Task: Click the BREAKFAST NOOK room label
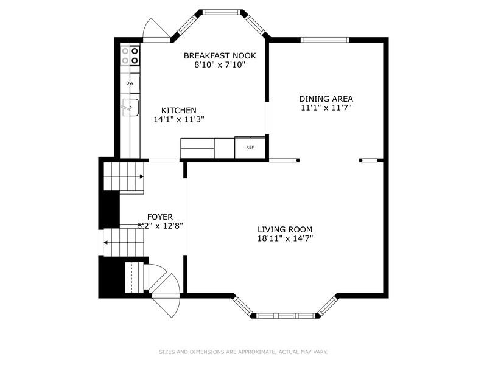pyautogui.click(x=220, y=55)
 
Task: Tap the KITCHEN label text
pyautogui.click(x=179, y=110)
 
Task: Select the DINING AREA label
pyautogui.click(x=326, y=99)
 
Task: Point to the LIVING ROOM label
pyautogui.click(x=285, y=229)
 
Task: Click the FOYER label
pyautogui.click(x=160, y=217)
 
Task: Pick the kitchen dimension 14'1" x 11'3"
pyautogui.click(x=179, y=119)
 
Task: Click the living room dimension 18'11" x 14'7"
pyautogui.click(x=285, y=238)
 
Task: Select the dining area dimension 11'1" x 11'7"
pyautogui.click(x=326, y=108)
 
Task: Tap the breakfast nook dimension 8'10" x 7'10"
pyautogui.click(x=220, y=64)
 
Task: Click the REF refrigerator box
pyautogui.click(x=250, y=147)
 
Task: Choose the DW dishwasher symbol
pyautogui.click(x=130, y=83)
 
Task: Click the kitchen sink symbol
pyautogui.click(x=131, y=108)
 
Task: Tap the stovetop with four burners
pyautogui.click(x=130, y=55)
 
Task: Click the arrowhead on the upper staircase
pyautogui.click(x=142, y=176)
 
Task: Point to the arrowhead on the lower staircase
pyautogui.click(x=105, y=242)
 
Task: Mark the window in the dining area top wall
pyautogui.click(x=324, y=40)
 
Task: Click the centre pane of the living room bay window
pyautogui.click(x=286, y=316)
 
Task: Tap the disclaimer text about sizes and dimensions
pyautogui.click(x=243, y=352)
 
